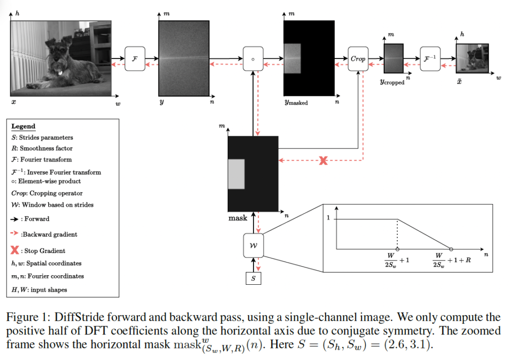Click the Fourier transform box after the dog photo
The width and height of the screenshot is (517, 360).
134,59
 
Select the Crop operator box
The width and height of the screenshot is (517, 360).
358,59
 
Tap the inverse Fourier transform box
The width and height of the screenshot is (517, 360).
430,59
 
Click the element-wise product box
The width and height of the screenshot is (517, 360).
253,59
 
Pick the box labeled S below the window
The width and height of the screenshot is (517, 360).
253,278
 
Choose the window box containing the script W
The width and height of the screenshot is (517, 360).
253,244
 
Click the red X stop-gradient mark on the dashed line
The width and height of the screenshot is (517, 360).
323,161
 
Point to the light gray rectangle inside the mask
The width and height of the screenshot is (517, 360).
237,174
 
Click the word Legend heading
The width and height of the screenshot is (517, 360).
23,126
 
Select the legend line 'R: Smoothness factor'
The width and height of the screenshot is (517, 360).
42,148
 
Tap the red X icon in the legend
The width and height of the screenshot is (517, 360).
16,250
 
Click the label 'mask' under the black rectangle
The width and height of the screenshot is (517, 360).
238,218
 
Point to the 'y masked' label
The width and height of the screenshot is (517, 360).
296,102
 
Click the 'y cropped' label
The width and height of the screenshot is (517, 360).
392,82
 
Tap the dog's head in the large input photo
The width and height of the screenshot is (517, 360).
57,50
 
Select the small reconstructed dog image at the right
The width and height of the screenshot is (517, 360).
472,59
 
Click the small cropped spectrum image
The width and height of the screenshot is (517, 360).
393,59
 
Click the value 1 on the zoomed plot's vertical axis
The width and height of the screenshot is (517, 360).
329,218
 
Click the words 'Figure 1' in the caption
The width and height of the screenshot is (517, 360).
25,318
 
